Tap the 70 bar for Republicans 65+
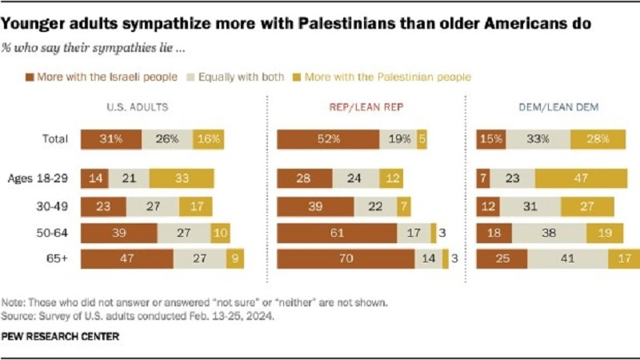coord(345,258)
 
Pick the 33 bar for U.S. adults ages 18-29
coord(182,178)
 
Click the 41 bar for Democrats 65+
coord(568,258)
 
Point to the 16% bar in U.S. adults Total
coord(209,138)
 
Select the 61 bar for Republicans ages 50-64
coord(337,232)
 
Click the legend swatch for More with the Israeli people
coord(30,77)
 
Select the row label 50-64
coord(56,232)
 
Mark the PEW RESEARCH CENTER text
coord(61,336)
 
